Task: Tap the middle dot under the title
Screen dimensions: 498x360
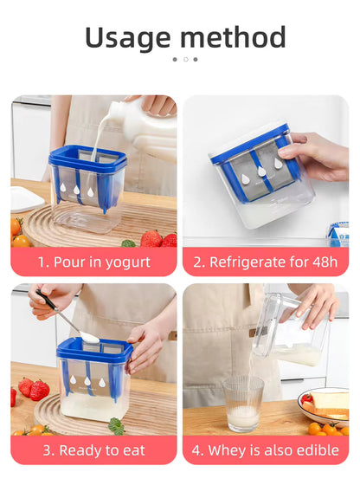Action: pos(184,59)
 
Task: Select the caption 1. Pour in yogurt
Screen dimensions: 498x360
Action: pos(93,262)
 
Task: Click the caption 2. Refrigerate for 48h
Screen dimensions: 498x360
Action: pos(265,262)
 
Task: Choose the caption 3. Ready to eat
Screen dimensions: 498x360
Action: pos(93,450)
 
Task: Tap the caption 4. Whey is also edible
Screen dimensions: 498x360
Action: pos(265,450)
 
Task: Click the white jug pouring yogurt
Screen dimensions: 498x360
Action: pos(147,130)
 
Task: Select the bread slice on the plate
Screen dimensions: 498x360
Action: pos(329,402)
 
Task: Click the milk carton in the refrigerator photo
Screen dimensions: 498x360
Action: pos(338,234)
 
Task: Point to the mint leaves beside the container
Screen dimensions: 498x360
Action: pos(116,426)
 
